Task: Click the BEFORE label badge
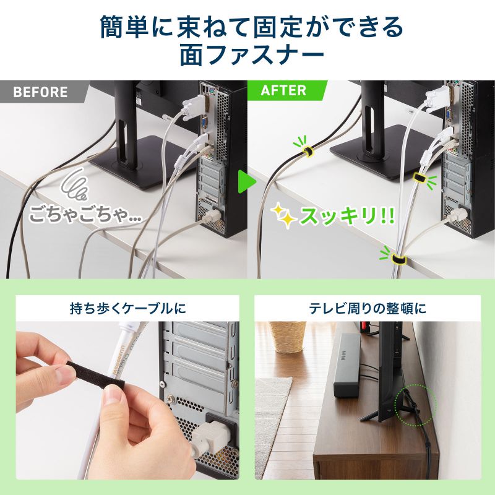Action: point(40,92)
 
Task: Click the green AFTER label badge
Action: point(284,90)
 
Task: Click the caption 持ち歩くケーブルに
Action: point(127,308)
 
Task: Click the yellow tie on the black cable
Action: point(306,151)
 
